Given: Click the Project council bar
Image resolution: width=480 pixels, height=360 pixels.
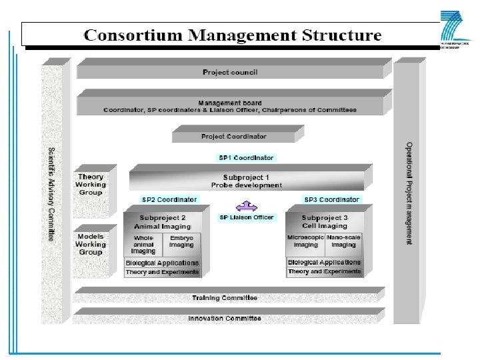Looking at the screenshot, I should pyautogui.click(x=230, y=72).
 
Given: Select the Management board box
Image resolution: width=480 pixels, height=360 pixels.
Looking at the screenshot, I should pyautogui.click(x=230, y=106).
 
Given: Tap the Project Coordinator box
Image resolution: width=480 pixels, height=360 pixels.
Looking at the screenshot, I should pyautogui.click(x=233, y=137).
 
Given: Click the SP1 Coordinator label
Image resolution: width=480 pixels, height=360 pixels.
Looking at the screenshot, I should pyautogui.click(x=246, y=158).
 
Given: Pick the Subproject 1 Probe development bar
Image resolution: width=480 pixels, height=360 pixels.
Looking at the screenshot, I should pyautogui.click(x=246, y=181).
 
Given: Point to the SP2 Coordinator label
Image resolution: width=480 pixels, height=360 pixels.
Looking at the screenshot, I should pyautogui.click(x=169, y=199).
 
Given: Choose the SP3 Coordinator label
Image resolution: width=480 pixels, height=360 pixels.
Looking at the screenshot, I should pyautogui.click(x=331, y=199).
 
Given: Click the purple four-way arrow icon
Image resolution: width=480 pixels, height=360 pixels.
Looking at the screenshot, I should pyautogui.click(x=246, y=206).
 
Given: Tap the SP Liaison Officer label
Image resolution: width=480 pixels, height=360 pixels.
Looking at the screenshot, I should pyautogui.click(x=246, y=217).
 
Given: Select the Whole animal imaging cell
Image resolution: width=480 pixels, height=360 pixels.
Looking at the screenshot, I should pyautogui.click(x=143, y=245).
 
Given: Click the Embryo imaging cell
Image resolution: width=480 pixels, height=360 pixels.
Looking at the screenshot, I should pyautogui.click(x=181, y=241).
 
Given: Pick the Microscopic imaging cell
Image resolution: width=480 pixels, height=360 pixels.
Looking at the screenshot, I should pyautogui.click(x=305, y=241).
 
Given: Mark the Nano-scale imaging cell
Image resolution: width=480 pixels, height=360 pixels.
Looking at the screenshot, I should pyautogui.click(x=343, y=241).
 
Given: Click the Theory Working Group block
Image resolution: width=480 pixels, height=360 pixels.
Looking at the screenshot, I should pyautogui.click(x=90, y=185).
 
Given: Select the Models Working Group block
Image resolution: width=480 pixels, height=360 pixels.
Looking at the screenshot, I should pyautogui.click(x=90, y=245).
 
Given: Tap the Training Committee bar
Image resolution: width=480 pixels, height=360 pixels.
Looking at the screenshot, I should pyautogui.click(x=225, y=297).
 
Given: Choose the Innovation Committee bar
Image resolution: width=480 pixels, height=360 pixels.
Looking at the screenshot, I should pyautogui.click(x=225, y=318).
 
